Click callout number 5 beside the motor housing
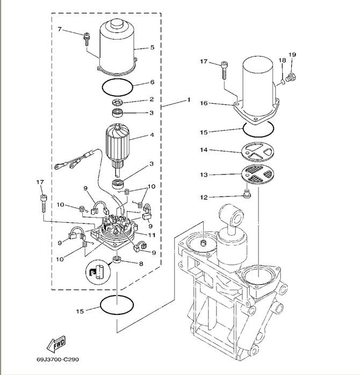coord(152,48)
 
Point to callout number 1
coord(189,100)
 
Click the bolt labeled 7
coord(86,39)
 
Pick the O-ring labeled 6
coord(117,85)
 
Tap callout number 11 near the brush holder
coord(152,235)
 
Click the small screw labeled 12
coord(247,195)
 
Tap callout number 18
coord(281,61)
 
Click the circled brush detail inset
coord(96,275)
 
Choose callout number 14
coord(204,150)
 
